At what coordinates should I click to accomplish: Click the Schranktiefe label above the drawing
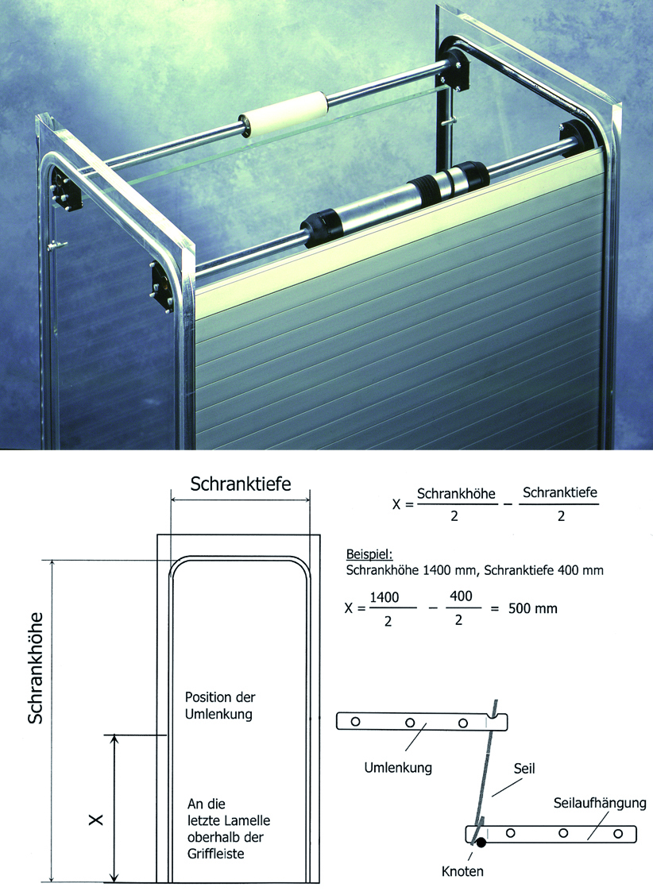(241, 484)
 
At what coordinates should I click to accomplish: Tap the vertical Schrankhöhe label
(35, 668)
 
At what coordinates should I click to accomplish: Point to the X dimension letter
(96, 820)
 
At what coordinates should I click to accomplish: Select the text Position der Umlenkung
(220, 705)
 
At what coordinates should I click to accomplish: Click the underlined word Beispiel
(369, 554)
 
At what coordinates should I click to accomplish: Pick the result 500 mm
(532, 608)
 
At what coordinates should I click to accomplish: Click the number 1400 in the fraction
(384, 597)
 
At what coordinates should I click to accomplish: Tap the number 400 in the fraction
(461, 596)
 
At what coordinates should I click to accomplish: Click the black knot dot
(481, 843)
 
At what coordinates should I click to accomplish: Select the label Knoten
(462, 871)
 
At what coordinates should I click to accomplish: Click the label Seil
(524, 769)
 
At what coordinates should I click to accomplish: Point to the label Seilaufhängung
(600, 804)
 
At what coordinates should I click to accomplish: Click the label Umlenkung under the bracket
(398, 768)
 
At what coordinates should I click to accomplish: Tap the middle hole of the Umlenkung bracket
(410, 723)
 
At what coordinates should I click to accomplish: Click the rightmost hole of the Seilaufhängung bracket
(618, 834)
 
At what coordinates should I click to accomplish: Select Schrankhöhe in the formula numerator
(456, 494)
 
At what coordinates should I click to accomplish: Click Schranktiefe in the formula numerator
(560, 492)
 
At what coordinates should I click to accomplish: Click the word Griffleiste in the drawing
(216, 854)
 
